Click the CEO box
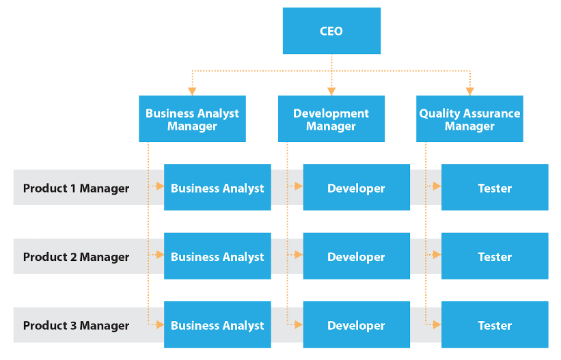(331, 31)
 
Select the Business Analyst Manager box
(192, 120)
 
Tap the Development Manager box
(331, 120)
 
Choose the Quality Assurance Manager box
(469, 120)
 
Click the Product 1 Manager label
(76, 188)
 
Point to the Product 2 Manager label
(76, 257)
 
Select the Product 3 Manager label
(76, 326)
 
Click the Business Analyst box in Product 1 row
(217, 188)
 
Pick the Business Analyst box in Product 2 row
(217, 257)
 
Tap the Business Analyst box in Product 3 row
(217, 326)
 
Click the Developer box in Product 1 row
(356, 188)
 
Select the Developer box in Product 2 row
(356, 257)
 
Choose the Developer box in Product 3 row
(356, 326)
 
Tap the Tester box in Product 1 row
(495, 188)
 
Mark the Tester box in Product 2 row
(495, 257)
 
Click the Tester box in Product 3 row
(495, 326)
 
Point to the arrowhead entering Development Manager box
(331, 91)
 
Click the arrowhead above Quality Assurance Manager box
(470, 91)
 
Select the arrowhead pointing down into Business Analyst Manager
(192, 91)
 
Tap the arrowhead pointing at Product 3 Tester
(437, 326)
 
